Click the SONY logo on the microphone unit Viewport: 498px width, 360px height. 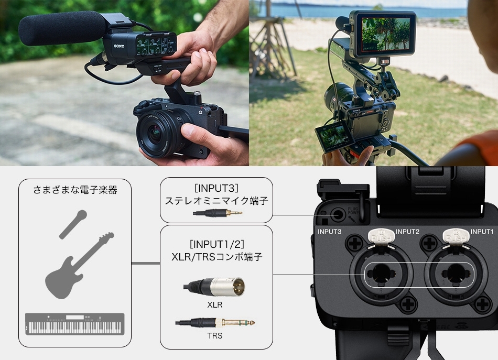pos(118,47)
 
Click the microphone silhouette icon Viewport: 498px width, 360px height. pos(73,224)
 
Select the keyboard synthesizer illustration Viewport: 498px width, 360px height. pos(74,324)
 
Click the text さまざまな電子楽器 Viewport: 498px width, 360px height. pos(74,190)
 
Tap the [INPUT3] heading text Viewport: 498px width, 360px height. pos(216,188)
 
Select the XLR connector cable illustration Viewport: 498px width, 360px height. pos(215,287)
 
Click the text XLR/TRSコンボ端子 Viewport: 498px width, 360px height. pos(216,257)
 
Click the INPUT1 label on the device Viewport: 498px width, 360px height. pos(481,231)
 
